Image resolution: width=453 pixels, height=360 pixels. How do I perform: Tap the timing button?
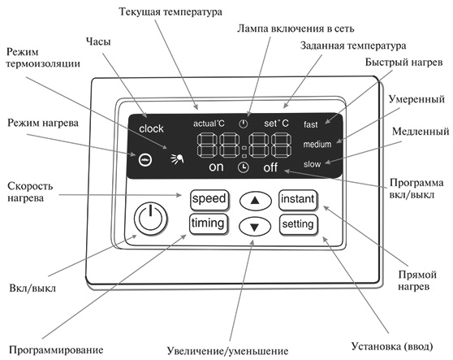click(209, 223)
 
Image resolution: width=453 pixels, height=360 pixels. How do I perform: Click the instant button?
click(298, 200)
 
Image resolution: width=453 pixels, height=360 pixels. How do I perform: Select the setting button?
click(299, 224)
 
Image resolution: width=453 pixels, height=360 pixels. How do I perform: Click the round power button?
click(150, 219)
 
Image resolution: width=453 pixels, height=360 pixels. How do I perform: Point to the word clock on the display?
click(151, 128)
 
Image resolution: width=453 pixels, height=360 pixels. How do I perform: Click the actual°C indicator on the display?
click(209, 124)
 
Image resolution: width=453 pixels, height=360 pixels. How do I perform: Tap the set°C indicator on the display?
click(276, 124)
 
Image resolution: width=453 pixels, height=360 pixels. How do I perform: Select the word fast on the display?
click(311, 124)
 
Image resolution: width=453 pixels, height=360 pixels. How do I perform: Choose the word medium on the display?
click(317, 144)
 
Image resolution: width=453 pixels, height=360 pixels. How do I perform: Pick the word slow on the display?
click(312, 164)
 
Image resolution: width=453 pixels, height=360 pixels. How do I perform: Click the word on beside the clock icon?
click(216, 167)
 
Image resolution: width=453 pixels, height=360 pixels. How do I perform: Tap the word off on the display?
click(270, 167)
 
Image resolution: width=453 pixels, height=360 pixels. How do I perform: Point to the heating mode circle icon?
click(145, 159)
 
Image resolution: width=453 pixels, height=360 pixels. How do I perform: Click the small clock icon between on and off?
click(244, 167)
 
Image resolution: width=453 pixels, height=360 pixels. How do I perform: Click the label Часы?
click(98, 41)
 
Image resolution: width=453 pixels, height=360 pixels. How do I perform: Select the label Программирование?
click(56, 350)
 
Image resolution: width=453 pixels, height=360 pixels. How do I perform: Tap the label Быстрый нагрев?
click(403, 63)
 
